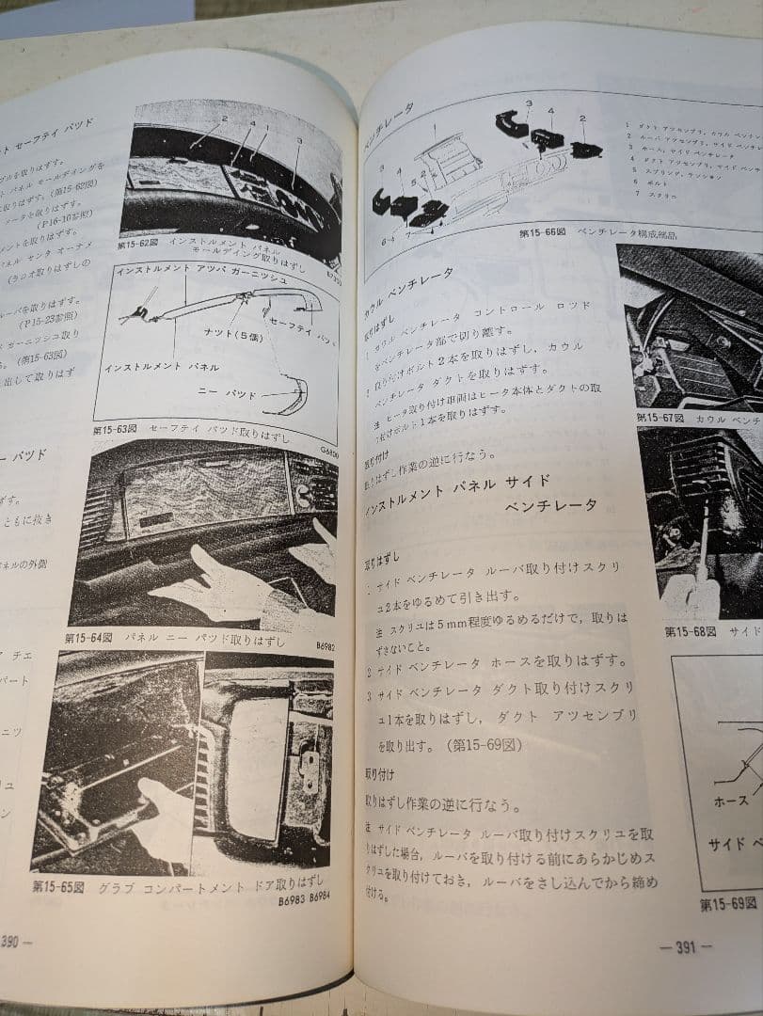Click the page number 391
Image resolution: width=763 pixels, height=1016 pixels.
click(x=685, y=946)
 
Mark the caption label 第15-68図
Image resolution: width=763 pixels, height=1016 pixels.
click(x=690, y=630)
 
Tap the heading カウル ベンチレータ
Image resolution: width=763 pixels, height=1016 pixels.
click(x=408, y=280)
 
